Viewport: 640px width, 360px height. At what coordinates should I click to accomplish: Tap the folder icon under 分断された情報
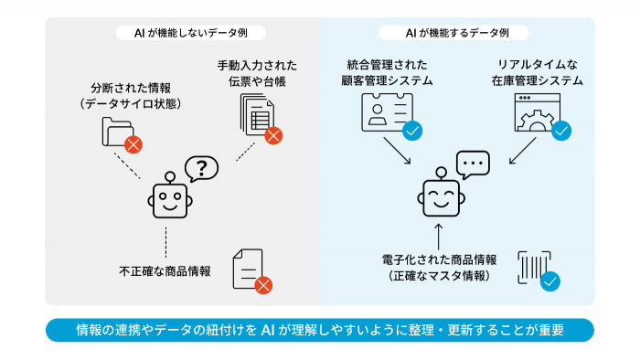(x=118, y=132)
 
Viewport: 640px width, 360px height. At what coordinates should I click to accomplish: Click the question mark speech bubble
(x=202, y=168)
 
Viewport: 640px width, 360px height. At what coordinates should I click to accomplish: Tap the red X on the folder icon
(x=133, y=143)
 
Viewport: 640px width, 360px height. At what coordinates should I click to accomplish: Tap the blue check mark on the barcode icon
(x=549, y=281)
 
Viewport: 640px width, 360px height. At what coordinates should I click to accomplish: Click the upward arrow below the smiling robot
(x=440, y=229)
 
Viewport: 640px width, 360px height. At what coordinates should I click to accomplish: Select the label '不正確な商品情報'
(x=165, y=271)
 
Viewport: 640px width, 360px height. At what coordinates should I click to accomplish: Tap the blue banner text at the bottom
(x=320, y=330)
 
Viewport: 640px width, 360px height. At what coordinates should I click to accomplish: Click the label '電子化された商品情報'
(x=439, y=259)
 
